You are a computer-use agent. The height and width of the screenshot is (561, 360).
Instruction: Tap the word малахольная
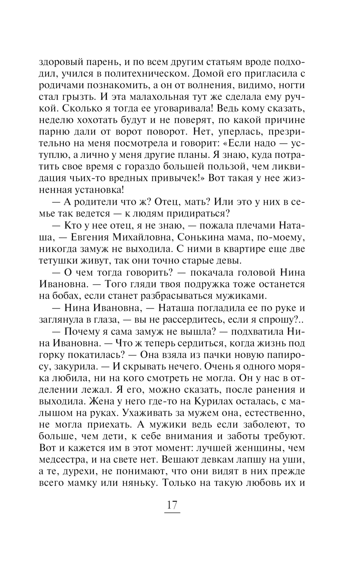pyautogui.click(x=154, y=97)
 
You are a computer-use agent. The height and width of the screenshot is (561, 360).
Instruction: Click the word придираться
pyautogui.click(x=190, y=213)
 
